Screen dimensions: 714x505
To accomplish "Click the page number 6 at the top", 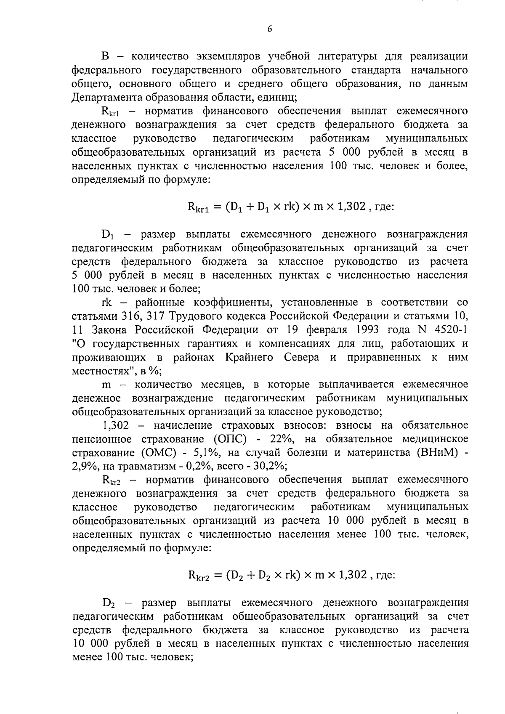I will click(269, 29).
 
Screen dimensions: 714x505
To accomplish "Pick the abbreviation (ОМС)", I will click(153, 453).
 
